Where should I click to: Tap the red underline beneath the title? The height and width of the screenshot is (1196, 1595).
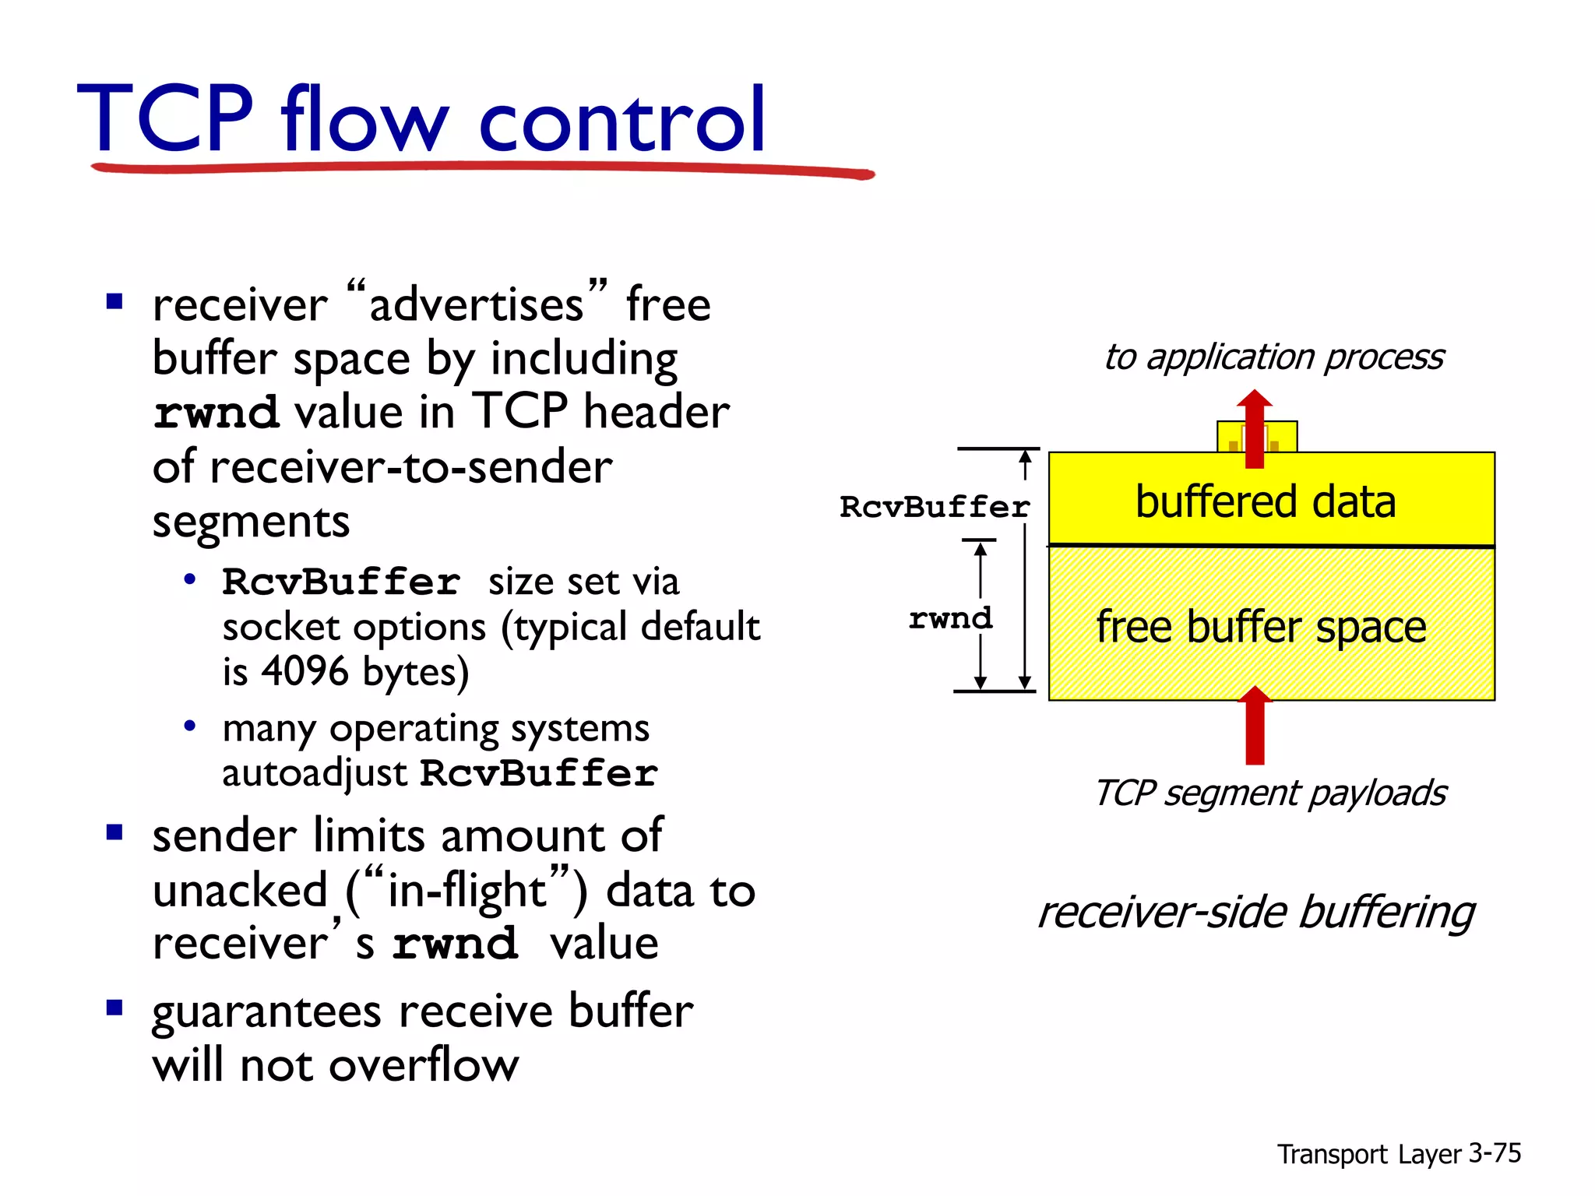click(x=483, y=168)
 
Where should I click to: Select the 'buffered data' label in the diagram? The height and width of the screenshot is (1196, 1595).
click(x=1265, y=502)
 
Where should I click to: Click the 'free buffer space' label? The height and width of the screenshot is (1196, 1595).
click(x=1261, y=628)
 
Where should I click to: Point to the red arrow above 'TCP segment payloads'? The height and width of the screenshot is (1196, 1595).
click(x=1255, y=727)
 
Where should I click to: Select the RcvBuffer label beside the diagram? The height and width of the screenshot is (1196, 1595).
click(x=935, y=507)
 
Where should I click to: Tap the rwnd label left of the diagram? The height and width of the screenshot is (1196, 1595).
click(x=950, y=619)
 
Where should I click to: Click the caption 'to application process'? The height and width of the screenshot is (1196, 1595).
click(x=1273, y=357)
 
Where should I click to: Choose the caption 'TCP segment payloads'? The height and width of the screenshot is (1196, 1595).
click(x=1270, y=793)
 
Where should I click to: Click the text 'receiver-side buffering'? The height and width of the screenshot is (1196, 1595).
click(x=1256, y=912)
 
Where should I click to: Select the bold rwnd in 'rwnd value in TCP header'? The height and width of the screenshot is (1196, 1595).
click(x=216, y=413)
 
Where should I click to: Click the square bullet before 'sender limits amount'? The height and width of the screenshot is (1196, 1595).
click(x=115, y=834)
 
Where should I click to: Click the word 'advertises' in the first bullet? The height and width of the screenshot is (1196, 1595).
click(x=476, y=304)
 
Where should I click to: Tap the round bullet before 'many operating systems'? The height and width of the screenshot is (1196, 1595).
click(x=189, y=726)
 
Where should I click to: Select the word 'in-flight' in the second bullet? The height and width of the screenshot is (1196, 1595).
click(x=467, y=890)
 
